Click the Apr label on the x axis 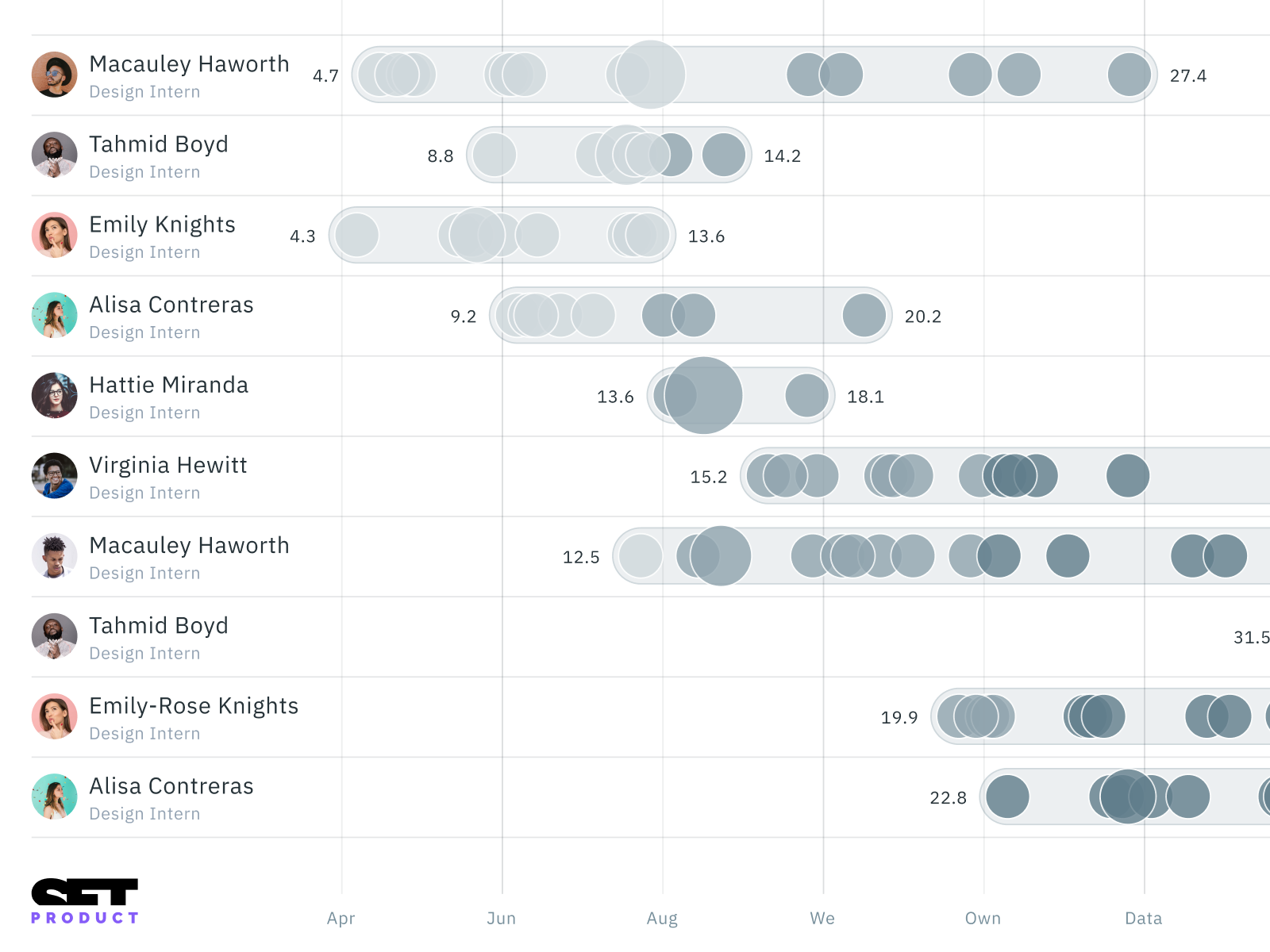click(x=341, y=918)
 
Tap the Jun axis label click(x=501, y=918)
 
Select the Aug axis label click(x=662, y=918)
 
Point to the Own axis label click(x=983, y=918)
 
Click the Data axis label click(x=1143, y=918)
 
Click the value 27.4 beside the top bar click(x=1187, y=75)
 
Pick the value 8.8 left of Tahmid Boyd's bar click(x=441, y=155)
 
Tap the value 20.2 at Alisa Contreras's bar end click(x=922, y=317)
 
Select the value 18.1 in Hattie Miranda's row click(x=865, y=397)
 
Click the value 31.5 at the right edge click(x=1251, y=637)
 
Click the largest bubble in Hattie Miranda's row click(x=703, y=395)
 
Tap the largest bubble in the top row click(x=651, y=75)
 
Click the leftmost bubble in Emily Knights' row click(x=357, y=235)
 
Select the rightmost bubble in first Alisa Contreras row click(x=864, y=315)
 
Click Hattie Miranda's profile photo click(x=54, y=395)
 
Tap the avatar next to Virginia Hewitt click(x=54, y=475)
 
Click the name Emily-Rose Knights click(x=194, y=705)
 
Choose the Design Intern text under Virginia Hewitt click(x=144, y=493)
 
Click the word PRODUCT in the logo click(x=85, y=918)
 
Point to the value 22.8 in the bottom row click(x=948, y=797)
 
